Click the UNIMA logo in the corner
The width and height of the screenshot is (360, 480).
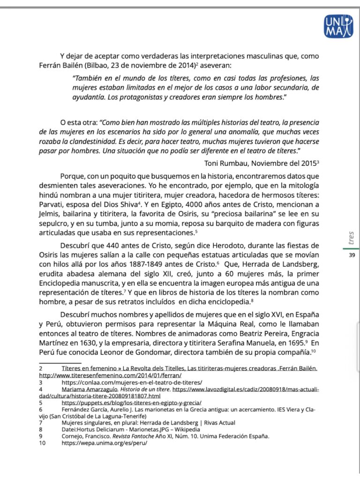click(338, 26)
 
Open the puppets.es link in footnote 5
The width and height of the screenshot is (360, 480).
click(132, 403)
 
